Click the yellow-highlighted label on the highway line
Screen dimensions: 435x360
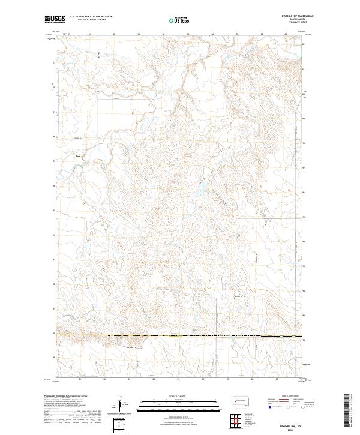tap(175, 335)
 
